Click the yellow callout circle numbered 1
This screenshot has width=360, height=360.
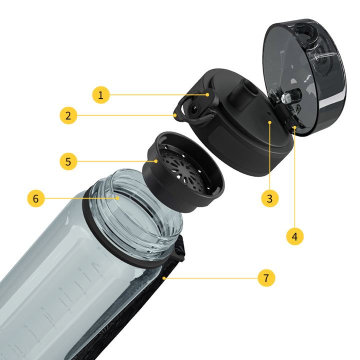coord(101,95)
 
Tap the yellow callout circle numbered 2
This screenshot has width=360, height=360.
coord(68,115)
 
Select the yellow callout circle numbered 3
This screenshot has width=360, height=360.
coord(270,198)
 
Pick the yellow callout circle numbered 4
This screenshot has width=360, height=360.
coord(295,236)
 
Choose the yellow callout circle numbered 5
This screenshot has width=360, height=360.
coord(68,161)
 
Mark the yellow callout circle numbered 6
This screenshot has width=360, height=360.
coord(36,198)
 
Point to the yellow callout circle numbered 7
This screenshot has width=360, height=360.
coord(266,278)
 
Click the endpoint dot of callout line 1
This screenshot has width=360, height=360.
coord(207,94)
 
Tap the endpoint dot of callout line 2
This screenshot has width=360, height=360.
coord(175,115)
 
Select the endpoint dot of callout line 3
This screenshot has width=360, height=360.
coord(270,122)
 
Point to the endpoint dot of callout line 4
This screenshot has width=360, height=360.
coord(295,127)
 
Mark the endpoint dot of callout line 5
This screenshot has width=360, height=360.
coord(156,161)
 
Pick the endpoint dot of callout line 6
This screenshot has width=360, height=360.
coord(117,198)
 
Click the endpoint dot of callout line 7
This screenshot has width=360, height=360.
coord(164,278)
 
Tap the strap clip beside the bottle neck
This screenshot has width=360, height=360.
coord(179,248)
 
